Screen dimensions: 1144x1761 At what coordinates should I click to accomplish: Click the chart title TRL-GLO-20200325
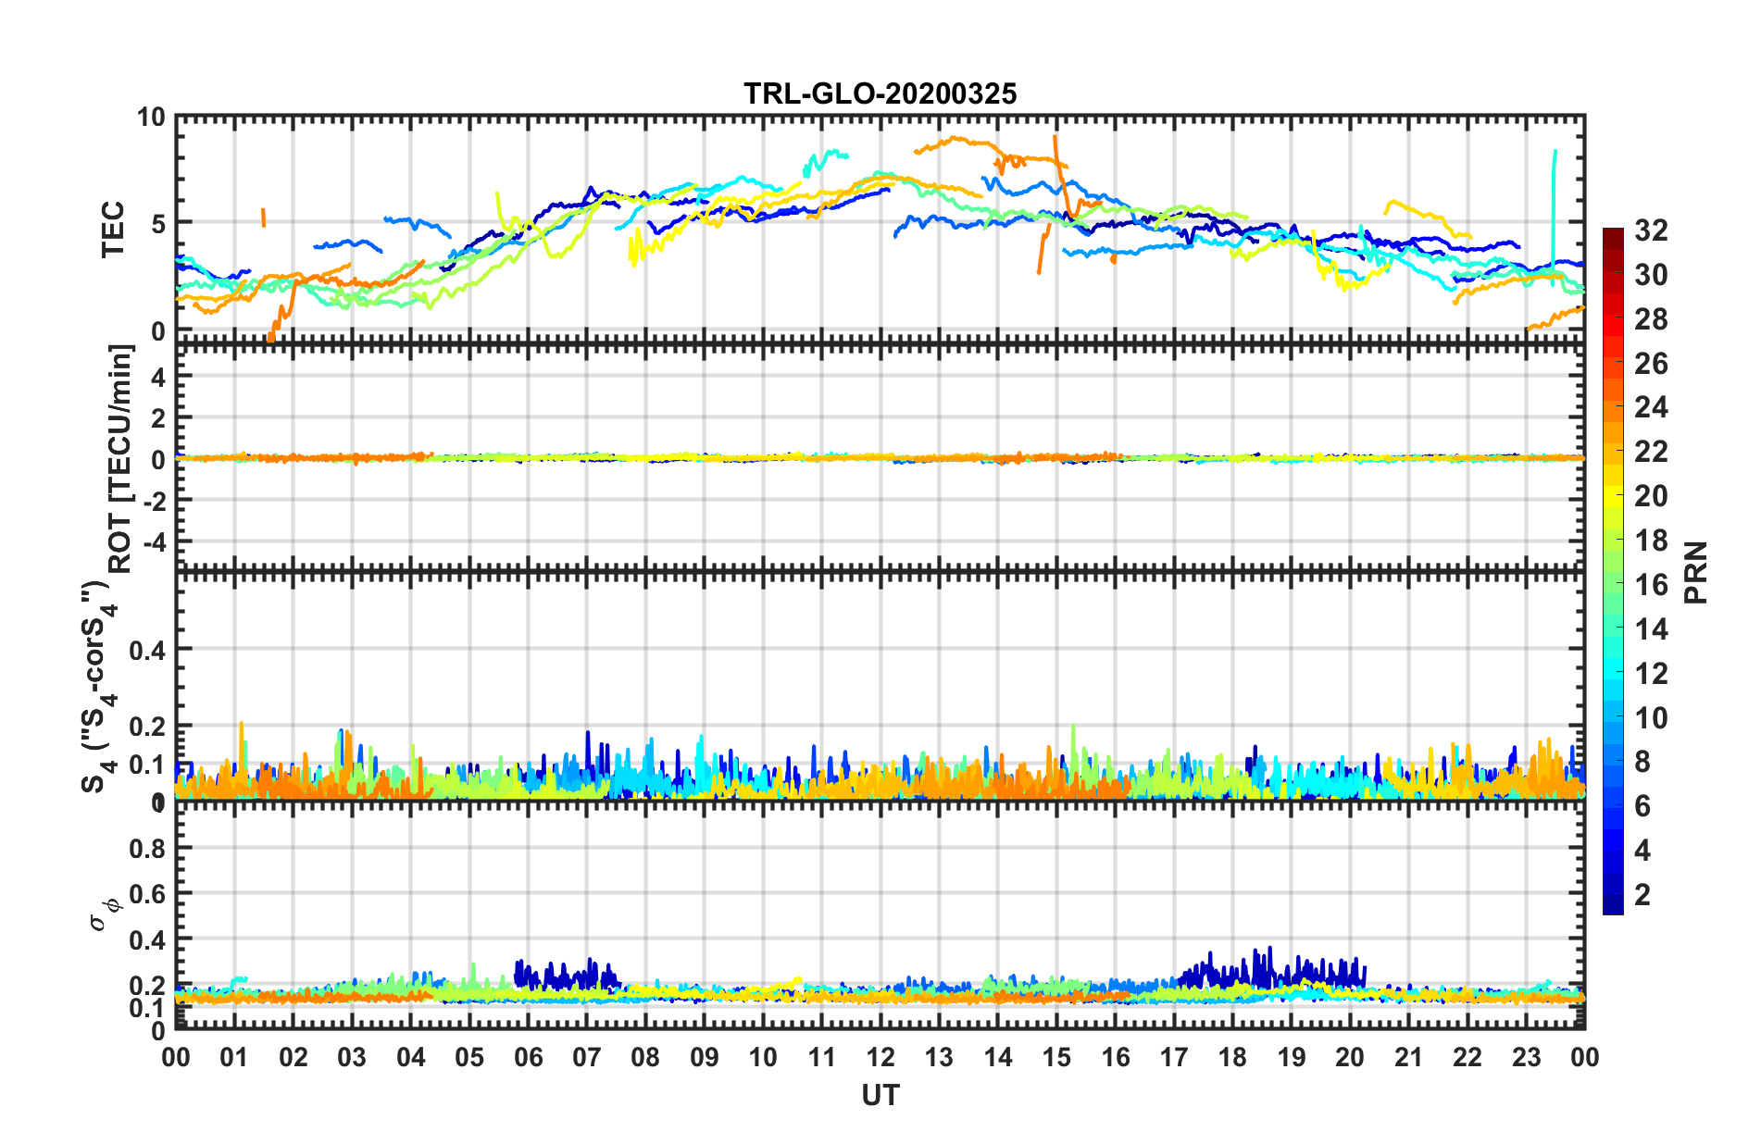coord(880,93)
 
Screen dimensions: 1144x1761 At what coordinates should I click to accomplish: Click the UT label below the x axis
coord(880,1096)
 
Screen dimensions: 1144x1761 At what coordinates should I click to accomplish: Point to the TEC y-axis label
coord(112,229)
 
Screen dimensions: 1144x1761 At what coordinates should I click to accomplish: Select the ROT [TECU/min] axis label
coord(121,459)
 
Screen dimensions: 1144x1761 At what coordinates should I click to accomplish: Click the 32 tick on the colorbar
coord(1651,230)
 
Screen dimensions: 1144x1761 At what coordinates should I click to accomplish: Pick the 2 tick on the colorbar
coord(1642,894)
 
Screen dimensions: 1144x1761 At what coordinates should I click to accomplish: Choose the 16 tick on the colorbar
coord(1651,585)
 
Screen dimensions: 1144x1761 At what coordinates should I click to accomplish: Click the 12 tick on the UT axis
coord(880,1057)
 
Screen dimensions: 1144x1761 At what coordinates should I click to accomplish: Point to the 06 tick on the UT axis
coord(528,1057)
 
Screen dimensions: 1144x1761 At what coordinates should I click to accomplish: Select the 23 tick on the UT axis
coord(1526,1057)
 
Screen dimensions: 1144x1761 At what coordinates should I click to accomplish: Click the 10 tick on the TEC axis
coord(150,118)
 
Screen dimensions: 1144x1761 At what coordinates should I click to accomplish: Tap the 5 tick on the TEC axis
coord(156,224)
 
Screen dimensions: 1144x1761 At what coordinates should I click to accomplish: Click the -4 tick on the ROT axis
coord(152,541)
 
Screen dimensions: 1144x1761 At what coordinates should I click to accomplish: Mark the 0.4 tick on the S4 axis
coord(146,651)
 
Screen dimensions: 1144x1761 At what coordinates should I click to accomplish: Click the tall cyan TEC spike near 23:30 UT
coord(1554,204)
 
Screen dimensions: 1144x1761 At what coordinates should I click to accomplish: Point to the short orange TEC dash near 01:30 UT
coord(263,217)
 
